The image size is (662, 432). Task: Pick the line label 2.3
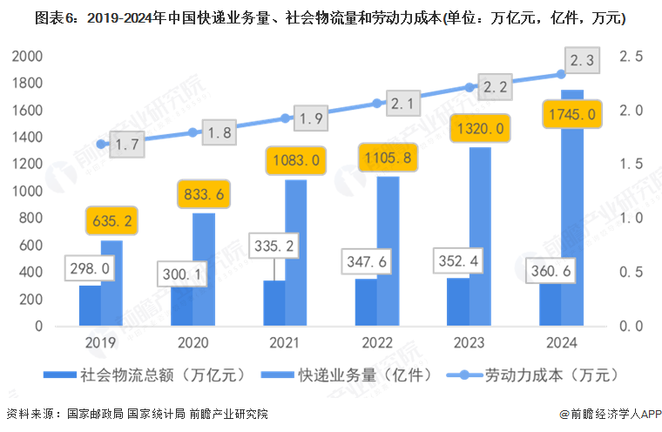583,61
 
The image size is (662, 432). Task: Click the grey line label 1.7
127,145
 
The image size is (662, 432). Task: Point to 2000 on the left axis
26,57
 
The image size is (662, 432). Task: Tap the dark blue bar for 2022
366,302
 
